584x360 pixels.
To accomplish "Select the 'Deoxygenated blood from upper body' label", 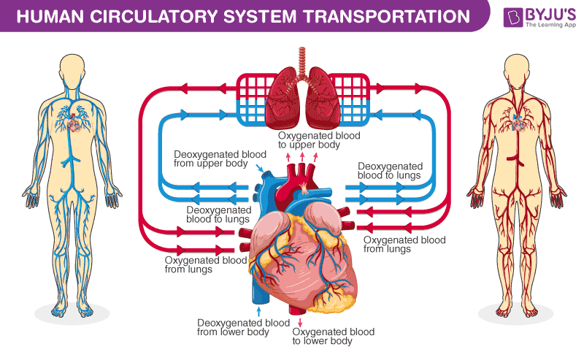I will [210, 159].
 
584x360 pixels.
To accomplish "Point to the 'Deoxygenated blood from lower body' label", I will [233, 327].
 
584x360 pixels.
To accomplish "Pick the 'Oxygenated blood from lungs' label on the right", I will [404, 244].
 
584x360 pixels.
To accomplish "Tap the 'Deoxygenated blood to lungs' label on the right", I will [390, 171].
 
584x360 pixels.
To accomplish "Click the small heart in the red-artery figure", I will [520, 124].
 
